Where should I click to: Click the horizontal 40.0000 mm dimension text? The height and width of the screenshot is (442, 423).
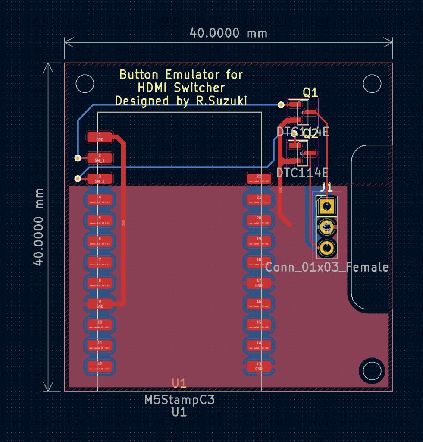pyautogui.click(x=228, y=33)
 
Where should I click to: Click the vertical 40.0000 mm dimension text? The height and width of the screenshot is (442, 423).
pyautogui.click(x=39, y=227)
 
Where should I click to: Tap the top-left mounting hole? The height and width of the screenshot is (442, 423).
pyautogui.click(x=85, y=83)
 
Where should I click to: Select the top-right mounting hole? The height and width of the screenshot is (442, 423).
pyautogui.click(x=372, y=83)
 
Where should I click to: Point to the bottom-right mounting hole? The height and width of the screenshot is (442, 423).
pyautogui.click(x=372, y=370)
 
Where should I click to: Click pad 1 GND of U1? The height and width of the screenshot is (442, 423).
pyautogui.click(x=100, y=137)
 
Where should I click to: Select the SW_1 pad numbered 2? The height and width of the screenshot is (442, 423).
pyautogui.click(x=100, y=158)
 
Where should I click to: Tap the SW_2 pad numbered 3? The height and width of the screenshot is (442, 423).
pyautogui.click(x=100, y=179)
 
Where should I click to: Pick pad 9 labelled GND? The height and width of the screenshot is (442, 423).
pyautogui.click(x=100, y=303)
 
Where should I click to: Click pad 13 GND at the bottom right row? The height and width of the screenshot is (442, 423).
pyautogui.click(x=259, y=366)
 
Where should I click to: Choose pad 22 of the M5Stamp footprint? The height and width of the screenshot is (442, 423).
pyautogui.click(x=259, y=179)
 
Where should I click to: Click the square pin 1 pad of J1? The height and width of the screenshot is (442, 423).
pyautogui.click(x=327, y=205)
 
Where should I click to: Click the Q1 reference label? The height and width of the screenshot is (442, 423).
pyautogui.click(x=310, y=92)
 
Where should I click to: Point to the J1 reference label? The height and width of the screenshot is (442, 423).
pyautogui.click(x=326, y=187)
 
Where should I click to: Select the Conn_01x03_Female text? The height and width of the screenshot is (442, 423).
pyautogui.click(x=326, y=267)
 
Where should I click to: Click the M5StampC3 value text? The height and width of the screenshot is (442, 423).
pyautogui.click(x=179, y=400)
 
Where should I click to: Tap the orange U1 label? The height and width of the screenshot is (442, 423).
pyautogui.click(x=179, y=383)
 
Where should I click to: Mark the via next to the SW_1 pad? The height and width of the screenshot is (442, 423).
pyautogui.click(x=78, y=158)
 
